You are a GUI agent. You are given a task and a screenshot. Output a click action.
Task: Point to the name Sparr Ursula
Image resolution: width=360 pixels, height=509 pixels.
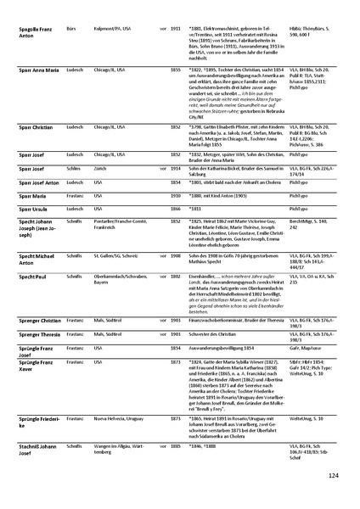pos(33,207)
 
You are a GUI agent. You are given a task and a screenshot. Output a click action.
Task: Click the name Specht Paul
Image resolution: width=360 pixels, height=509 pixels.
pos(31,276)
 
